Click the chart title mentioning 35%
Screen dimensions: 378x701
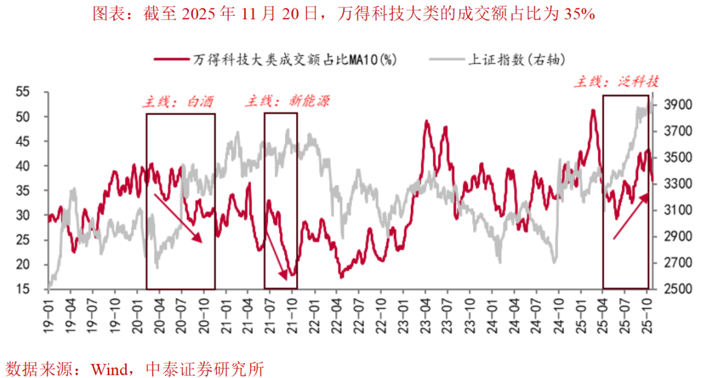343,14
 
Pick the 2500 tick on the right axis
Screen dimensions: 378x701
679,289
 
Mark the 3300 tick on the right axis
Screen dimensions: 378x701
679,184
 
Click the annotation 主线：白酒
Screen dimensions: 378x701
178,102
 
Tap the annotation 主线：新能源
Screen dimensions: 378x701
287,101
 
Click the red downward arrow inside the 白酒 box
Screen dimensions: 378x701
178,218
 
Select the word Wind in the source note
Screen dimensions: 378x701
110,370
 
